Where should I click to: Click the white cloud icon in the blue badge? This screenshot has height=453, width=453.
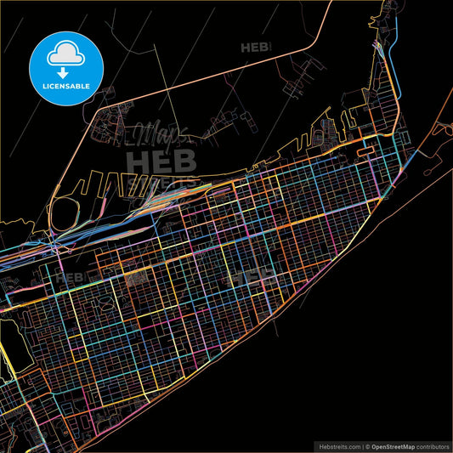[x=64, y=54]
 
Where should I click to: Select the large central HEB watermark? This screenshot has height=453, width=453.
[x=161, y=159]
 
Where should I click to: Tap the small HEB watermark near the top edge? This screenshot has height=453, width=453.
[x=254, y=48]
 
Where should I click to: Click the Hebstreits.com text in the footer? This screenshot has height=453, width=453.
[x=338, y=445]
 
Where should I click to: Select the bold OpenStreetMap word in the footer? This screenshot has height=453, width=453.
[x=398, y=445]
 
